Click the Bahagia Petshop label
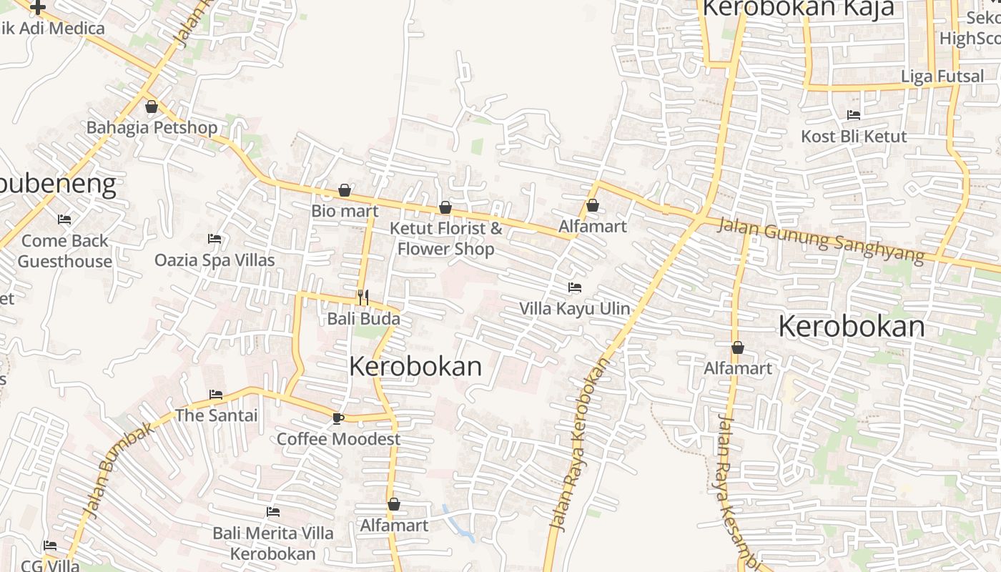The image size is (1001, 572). [x=152, y=128]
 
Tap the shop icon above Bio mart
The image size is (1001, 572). [x=345, y=191]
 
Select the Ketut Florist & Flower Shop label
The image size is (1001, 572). [x=446, y=239]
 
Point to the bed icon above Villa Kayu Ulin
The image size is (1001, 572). [x=574, y=288]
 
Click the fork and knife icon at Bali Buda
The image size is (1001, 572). [x=363, y=297]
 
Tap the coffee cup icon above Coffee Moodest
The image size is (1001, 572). [x=338, y=418]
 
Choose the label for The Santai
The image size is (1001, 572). [x=216, y=415]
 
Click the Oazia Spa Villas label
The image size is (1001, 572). [x=214, y=260]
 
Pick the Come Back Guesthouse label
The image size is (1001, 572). [x=65, y=251]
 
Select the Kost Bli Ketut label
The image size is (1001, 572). [x=854, y=137]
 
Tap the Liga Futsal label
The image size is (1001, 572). [x=942, y=77]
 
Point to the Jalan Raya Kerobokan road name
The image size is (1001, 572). [x=580, y=443]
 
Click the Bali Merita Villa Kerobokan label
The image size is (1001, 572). [x=272, y=543]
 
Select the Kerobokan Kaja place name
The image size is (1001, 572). [x=799, y=9]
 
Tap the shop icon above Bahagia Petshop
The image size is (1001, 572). [x=152, y=107]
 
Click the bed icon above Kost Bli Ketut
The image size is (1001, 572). [x=854, y=115]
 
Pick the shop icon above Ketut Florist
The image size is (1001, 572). [x=445, y=208]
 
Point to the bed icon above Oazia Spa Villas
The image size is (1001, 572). [x=214, y=239]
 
